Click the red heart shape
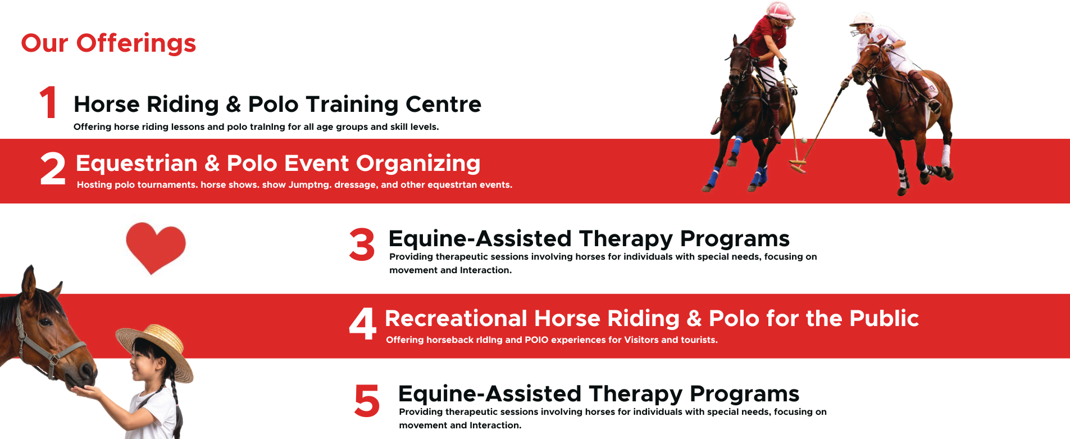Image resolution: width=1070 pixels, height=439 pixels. [x=156, y=247]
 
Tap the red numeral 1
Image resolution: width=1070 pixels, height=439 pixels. [x=49, y=102]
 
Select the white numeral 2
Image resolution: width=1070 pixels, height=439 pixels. [x=53, y=169]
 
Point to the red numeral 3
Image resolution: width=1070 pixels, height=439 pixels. [x=362, y=245]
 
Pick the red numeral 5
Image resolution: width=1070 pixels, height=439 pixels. [x=367, y=400]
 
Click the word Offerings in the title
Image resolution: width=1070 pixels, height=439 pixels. [x=136, y=44]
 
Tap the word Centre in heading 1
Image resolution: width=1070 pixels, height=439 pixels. [x=443, y=104]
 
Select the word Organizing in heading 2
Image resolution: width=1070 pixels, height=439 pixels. [x=418, y=164]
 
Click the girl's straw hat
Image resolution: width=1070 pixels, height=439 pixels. [x=155, y=350]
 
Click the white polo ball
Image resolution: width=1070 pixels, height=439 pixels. [x=804, y=141]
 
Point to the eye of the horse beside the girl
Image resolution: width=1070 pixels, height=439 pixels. [x=44, y=322]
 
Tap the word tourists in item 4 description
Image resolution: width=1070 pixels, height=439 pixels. [x=698, y=340]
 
